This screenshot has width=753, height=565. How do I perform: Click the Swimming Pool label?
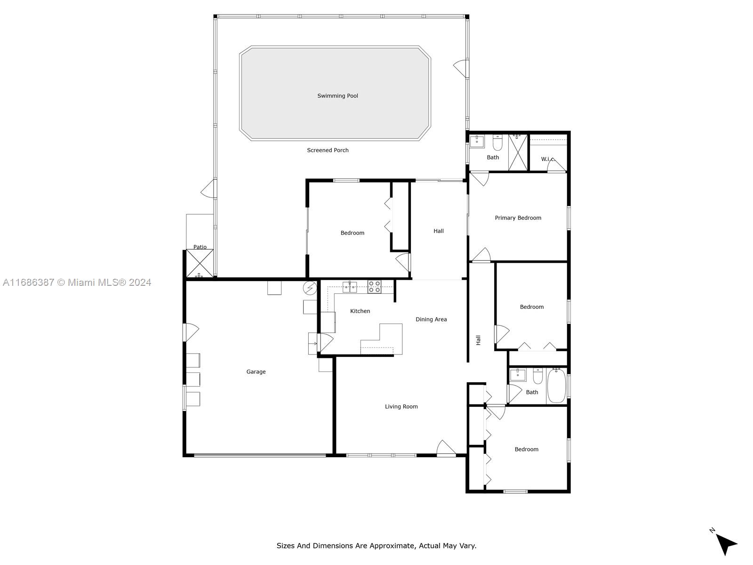coord(337,96)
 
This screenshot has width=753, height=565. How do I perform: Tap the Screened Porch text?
coord(328,150)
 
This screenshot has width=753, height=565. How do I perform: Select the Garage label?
coord(256,371)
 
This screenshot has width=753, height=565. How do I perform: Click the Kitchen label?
coord(360,311)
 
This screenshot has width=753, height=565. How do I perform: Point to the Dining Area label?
coord(431,319)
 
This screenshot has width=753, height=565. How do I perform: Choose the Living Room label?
coord(401,406)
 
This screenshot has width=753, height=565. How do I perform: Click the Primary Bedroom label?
coord(518,218)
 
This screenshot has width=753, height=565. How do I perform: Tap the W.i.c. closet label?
coord(548,159)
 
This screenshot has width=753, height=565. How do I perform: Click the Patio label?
coord(200,247)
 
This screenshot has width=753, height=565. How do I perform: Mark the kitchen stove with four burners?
coord(374,287)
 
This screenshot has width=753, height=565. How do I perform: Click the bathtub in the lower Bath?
coord(556,386)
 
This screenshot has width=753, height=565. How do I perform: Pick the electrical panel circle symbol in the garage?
coord(310,288)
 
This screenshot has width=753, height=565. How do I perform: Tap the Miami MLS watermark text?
coord(77,282)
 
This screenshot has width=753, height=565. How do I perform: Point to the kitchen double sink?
coord(350,287)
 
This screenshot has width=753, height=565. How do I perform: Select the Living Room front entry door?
coord(446,448)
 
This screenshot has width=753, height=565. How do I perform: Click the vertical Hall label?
coord(478,340)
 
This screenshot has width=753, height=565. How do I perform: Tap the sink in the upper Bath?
coord(477,141)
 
